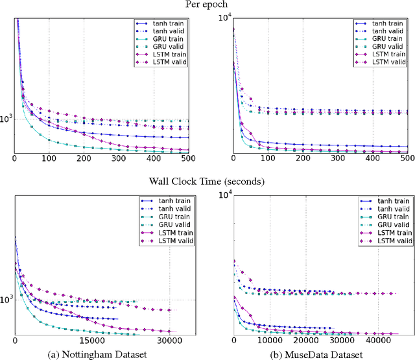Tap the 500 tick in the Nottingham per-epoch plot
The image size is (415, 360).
click(188, 158)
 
